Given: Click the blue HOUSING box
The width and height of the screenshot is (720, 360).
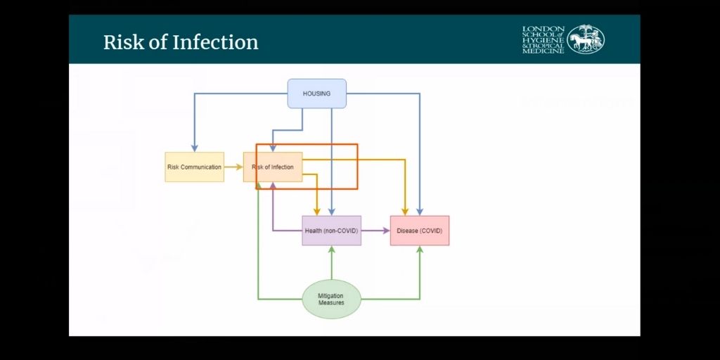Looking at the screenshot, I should [x=316, y=94].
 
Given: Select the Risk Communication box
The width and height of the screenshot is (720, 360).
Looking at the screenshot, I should [x=194, y=167].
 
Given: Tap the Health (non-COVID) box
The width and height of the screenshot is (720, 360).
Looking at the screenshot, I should [x=331, y=231].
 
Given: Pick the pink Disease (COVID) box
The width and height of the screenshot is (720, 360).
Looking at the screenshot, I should [x=419, y=231].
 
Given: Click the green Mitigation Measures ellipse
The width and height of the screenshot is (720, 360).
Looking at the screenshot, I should [x=331, y=299].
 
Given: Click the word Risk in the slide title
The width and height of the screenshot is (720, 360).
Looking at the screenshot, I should [x=120, y=42].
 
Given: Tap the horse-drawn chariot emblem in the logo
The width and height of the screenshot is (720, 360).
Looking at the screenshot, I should [x=586, y=39].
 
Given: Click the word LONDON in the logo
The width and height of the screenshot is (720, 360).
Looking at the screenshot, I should [x=543, y=30].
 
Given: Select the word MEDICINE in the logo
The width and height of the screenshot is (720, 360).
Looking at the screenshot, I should [x=543, y=51].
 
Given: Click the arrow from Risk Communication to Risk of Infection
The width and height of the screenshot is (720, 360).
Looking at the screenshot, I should [x=233, y=167].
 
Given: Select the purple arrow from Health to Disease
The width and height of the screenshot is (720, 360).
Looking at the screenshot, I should [x=376, y=231].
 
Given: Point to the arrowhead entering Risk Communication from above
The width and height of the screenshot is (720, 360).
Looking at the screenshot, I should [x=193, y=148].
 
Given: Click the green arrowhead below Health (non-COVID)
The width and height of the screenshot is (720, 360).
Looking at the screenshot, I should [x=332, y=250].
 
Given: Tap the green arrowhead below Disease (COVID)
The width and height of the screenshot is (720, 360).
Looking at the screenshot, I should [x=420, y=250].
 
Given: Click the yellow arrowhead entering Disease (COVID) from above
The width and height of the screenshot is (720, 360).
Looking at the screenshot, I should [x=405, y=211].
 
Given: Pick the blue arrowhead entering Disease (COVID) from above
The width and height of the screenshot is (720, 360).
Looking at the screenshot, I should [x=420, y=211].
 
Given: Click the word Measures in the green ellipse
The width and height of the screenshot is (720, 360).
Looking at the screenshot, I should [x=331, y=303].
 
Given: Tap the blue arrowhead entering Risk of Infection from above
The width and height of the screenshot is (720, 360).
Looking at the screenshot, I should [x=273, y=148].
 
